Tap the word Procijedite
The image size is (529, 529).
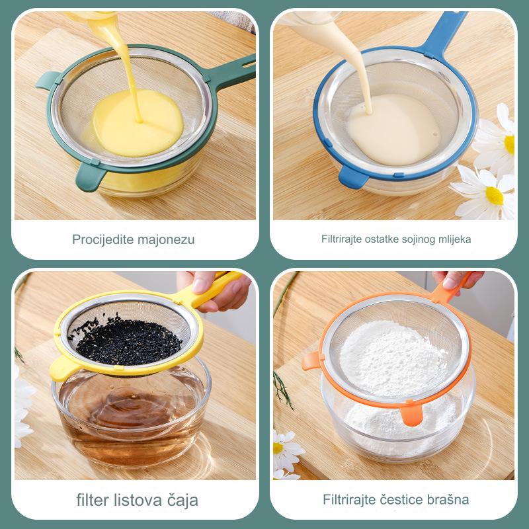pos(103,239)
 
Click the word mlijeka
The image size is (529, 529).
pos(455,239)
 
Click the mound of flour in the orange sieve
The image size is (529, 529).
pos(393,358)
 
